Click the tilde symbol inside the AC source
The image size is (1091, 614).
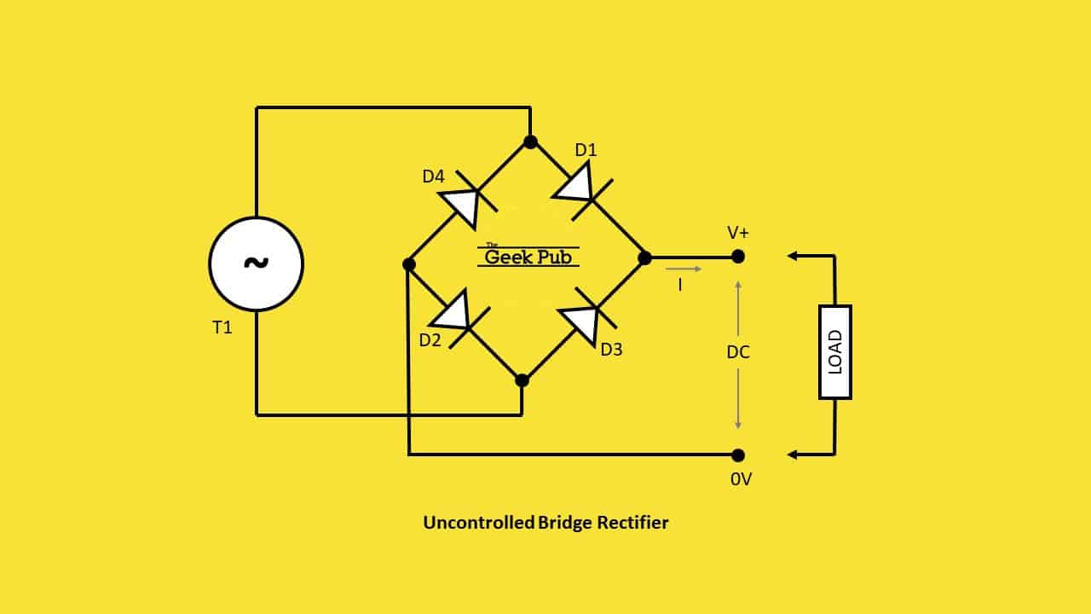(x=257, y=264)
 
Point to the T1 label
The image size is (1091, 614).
(x=222, y=327)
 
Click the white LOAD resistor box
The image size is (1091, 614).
(x=835, y=352)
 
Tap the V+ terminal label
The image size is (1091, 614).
(x=738, y=233)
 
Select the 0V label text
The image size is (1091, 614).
(x=741, y=479)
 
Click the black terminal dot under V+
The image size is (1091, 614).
(x=738, y=257)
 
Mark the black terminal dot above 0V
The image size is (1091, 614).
(x=738, y=455)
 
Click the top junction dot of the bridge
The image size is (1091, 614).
(x=530, y=142)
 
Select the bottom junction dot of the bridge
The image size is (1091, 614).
(x=522, y=380)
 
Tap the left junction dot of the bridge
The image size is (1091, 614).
(x=409, y=264)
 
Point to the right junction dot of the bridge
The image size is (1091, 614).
(x=644, y=258)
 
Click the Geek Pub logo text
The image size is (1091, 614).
(x=528, y=257)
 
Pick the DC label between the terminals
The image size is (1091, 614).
(x=738, y=352)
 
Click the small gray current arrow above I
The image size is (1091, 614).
(x=684, y=269)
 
